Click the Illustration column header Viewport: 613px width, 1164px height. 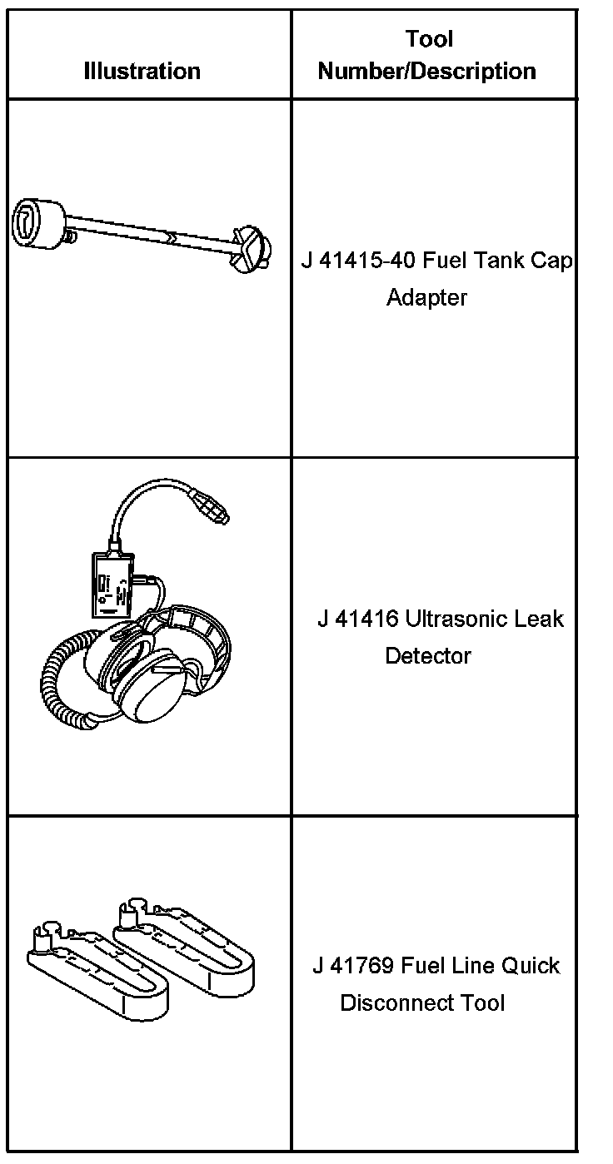(142, 71)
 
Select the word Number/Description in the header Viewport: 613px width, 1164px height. (426, 71)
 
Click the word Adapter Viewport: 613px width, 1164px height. (426, 297)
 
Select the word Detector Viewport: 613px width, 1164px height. (427, 656)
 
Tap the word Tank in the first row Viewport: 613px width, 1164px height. (496, 261)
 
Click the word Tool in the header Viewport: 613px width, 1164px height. (430, 39)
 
